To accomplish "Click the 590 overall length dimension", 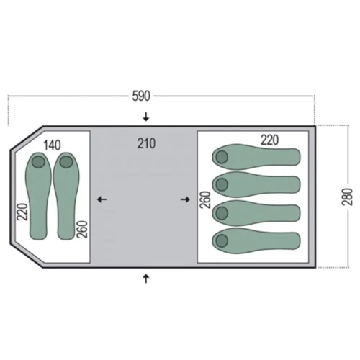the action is pos(141,96).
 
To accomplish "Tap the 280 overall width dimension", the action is pos(347,197).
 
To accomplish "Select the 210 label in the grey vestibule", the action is pos(146,143).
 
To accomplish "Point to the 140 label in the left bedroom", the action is pos(52,145).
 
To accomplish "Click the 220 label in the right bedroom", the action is pos(270,140).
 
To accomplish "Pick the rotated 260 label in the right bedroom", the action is pos(205,199).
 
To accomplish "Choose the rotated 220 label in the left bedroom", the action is pos(22,212).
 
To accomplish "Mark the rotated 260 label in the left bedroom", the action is pos(82,229).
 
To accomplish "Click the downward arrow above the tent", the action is pos(146,117).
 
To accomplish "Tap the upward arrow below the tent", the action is pos(146,279).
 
